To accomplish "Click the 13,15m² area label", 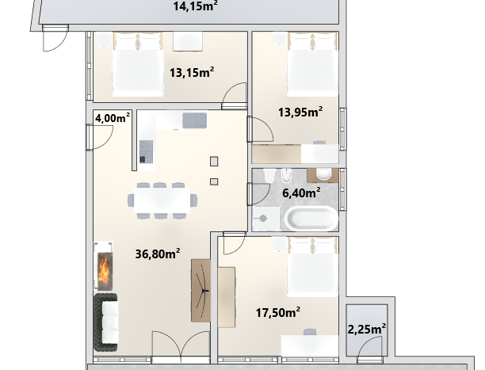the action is [192, 72].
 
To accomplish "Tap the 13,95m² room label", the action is [300, 112].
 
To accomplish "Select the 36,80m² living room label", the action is [158, 254].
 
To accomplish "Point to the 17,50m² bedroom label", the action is [277, 312].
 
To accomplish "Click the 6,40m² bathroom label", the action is [301, 193].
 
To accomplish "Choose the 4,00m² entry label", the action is [113, 118].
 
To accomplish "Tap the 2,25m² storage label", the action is [367, 329].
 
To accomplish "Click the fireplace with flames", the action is [104, 265].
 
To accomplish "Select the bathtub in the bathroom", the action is [311, 218].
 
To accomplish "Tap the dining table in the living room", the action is [162, 200].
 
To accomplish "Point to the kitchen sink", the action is [195, 120].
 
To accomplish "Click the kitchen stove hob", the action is [146, 151].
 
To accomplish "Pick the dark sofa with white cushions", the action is [105, 322].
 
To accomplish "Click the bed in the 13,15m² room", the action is [138, 64].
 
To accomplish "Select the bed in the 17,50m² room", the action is [312, 267].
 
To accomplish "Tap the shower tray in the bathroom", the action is [266, 219].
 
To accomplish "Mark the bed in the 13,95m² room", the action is [312, 64].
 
